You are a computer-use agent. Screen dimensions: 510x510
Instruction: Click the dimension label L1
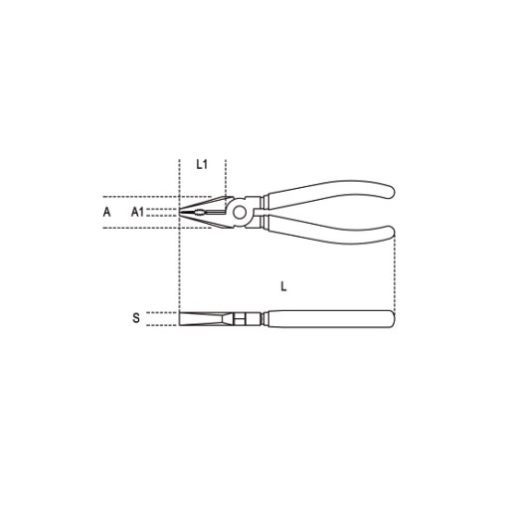point(202,164)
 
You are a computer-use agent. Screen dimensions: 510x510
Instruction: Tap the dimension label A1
point(137,212)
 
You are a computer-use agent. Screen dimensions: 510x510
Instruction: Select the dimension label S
point(136,318)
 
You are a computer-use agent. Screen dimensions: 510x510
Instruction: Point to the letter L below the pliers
point(283,286)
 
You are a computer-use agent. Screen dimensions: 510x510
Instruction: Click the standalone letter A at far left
point(106,212)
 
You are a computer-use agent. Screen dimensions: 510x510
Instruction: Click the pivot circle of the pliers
point(240,213)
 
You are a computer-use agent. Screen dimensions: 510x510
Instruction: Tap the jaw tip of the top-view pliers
point(180,212)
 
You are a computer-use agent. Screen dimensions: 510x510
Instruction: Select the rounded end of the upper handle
point(391,191)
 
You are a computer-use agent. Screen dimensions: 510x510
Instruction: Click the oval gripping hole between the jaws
point(200,213)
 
